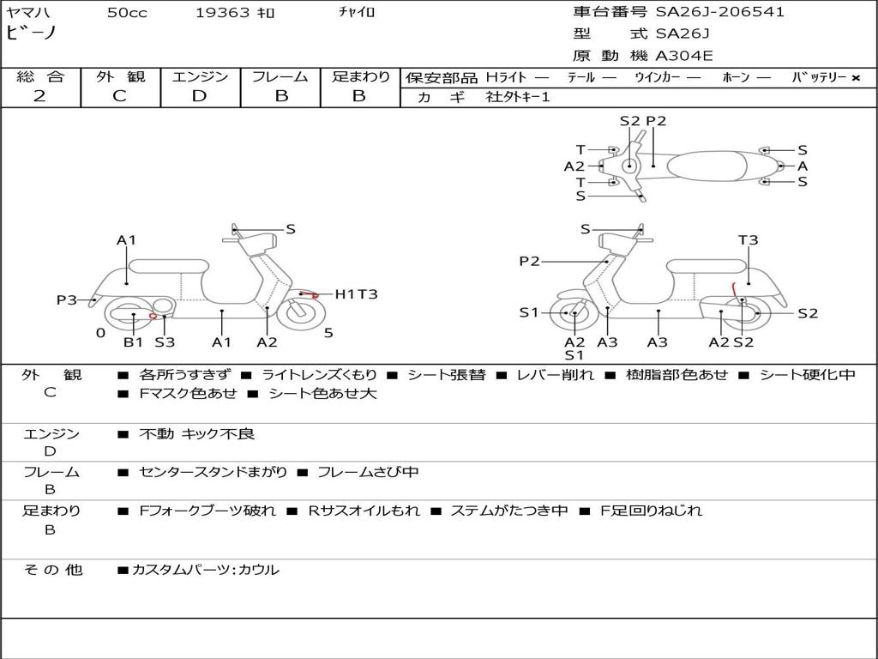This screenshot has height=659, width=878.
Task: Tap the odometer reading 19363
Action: [223, 13]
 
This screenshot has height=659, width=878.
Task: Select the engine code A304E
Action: [683, 57]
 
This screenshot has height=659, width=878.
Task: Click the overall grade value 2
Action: [39, 96]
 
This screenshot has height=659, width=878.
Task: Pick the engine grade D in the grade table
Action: [199, 96]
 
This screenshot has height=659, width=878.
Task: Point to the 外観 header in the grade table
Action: [120, 77]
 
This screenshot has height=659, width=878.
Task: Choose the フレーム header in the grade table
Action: [280, 77]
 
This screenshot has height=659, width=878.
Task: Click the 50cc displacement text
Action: [127, 13]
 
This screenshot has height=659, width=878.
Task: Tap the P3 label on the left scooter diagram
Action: [67, 300]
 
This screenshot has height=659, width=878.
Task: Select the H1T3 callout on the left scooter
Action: [356, 294]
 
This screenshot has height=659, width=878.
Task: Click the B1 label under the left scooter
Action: [133, 342]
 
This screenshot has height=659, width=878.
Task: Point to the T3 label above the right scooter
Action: [748, 240]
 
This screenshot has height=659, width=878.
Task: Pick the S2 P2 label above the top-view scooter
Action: [642, 121]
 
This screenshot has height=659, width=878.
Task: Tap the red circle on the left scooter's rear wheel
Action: [153, 317]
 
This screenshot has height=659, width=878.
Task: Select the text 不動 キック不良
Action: [196, 435]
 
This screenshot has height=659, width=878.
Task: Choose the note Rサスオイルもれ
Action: [364, 511]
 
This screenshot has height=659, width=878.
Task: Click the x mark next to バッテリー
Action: [855, 78]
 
